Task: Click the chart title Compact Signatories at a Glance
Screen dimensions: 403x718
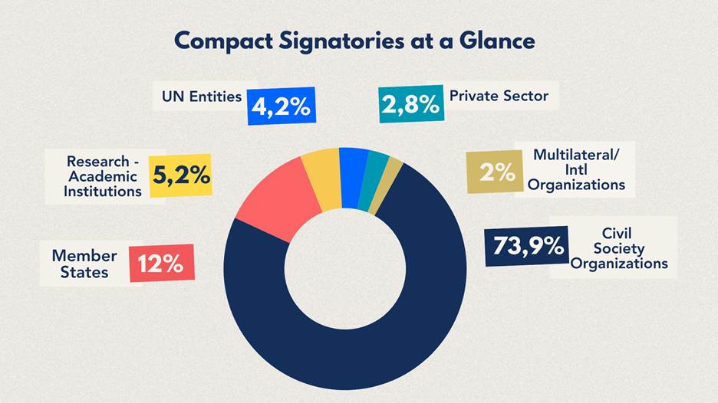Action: pos(354,40)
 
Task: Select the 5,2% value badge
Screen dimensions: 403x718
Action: pos(179,175)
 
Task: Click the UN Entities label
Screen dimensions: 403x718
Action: pos(201,97)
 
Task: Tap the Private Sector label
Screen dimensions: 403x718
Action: pos(499,97)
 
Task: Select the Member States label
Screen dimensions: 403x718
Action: pos(84,263)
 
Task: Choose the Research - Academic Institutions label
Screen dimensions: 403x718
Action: pos(103,176)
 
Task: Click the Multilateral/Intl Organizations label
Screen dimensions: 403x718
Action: pos(575,170)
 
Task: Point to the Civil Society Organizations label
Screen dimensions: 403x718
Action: pos(620,248)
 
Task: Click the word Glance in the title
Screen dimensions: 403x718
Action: pos(494,40)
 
